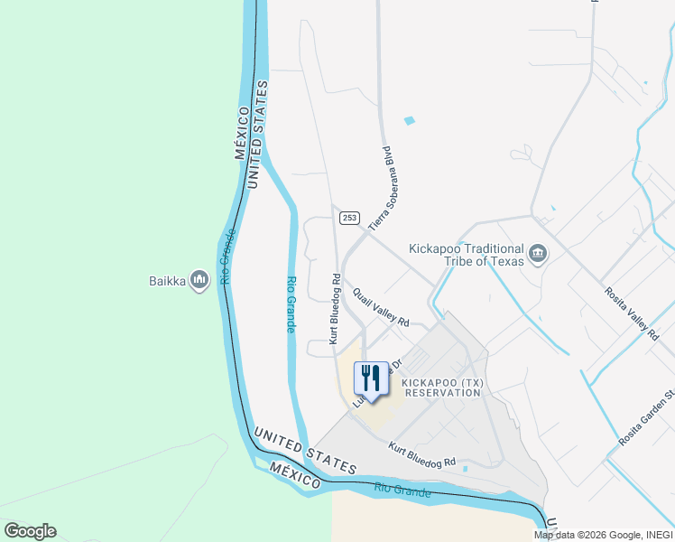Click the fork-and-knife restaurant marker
pyautogui.click(x=371, y=378)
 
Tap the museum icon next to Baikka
pyautogui.click(x=199, y=281)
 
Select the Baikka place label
pyautogui.click(x=167, y=281)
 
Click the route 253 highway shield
pyautogui.click(x=350, y=218)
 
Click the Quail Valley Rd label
pyautogui.click(x=382, y=309)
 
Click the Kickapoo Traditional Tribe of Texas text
pyautogui.click(x=466, y=255)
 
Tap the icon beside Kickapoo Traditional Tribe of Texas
pyautogui.click(x=538, y=254)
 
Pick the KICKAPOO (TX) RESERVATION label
pyautogui.click(x=443, y=388)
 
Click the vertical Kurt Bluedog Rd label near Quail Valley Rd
pyautogui.click(x=335, y=309)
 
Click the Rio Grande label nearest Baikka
pyautogui.click(x=228, y=257)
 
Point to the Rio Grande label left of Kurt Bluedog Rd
pyautogui.click(x=291, y=304)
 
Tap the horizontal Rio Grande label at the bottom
pyautogui.click(x=402, y=491)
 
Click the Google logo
pyautogui.click(x=30, y=531)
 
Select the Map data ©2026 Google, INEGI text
pyautogui.click(x=602, y=535)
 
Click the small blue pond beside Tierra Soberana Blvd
pyautogui.click(x=411, y=120)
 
